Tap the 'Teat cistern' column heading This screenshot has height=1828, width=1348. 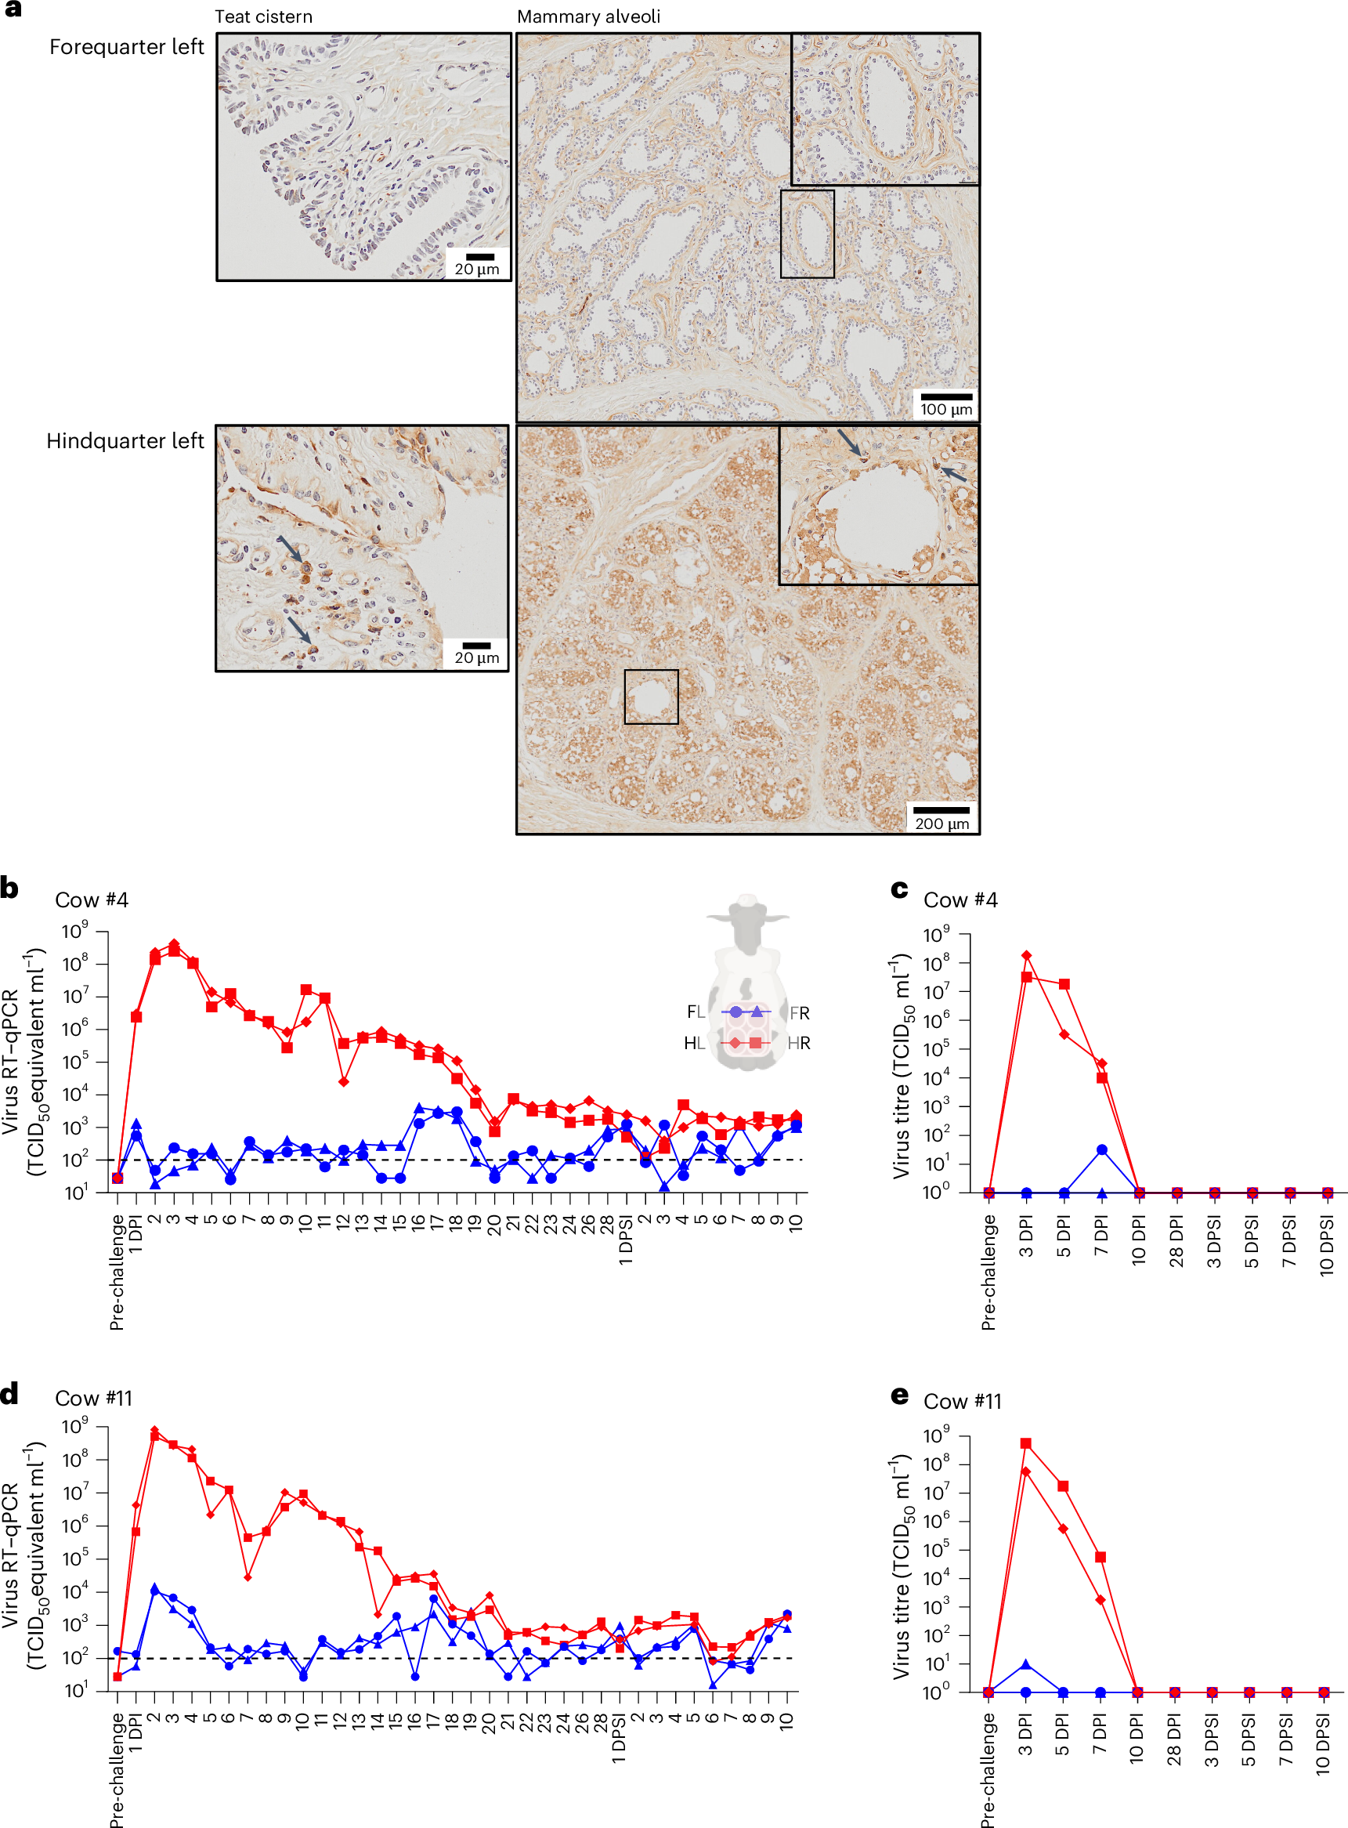tap(262, 17)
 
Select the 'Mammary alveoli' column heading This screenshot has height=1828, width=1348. tap(588, 17)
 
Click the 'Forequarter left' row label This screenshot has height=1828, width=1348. tap(126, 47)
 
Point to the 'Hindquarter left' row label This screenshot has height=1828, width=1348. tap(125, 441)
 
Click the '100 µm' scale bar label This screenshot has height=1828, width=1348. tap(945, 410)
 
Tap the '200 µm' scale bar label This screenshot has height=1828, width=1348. tap(941, 824)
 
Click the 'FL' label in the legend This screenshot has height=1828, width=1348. tap(696, 1012)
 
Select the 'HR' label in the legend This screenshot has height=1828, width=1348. tap(799, 1043)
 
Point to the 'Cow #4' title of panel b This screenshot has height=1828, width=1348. tap(92, 900)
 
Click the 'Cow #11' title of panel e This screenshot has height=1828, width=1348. tap(962, 1401)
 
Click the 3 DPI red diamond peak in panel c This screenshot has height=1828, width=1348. tap(1027, 956)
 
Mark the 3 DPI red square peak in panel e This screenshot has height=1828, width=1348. tap(1026, 1443)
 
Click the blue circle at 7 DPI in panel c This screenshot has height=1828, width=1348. tap(1101, 1149)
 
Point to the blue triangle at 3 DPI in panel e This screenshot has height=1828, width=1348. tap(1026, 1664)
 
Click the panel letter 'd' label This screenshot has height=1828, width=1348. tap(10, 1394)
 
